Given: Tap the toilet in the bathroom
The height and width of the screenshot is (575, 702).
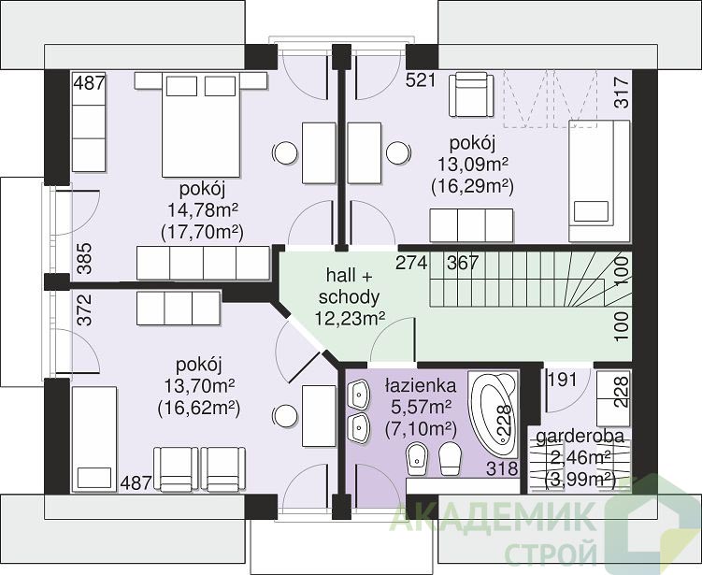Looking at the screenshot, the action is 450,459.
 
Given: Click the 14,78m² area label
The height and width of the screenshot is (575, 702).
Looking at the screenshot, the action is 202,209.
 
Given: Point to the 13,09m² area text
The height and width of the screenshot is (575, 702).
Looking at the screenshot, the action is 473,165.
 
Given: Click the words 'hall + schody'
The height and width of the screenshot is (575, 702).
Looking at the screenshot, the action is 350,286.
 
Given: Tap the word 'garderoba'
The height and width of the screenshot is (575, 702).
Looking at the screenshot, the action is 580,437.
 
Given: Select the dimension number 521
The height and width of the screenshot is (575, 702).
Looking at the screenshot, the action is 421,80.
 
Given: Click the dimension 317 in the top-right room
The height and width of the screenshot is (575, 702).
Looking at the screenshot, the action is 622,92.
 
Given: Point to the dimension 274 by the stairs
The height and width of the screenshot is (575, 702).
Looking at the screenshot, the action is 411,263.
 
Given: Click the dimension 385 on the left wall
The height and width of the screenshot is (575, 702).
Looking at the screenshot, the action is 84,258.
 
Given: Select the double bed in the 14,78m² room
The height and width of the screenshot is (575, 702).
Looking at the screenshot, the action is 201,125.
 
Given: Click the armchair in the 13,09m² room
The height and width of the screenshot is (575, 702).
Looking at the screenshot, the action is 471,95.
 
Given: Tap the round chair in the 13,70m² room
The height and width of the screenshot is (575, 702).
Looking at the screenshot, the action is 285,416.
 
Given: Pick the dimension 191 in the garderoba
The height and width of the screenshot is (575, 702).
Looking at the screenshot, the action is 563,380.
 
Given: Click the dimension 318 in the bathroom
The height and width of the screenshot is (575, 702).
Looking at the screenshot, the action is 502,468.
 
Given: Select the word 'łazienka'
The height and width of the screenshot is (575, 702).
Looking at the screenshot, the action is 421,385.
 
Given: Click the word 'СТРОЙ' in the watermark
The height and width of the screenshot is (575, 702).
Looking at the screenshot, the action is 552,553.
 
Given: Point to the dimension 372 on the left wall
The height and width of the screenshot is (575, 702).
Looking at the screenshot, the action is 84,309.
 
